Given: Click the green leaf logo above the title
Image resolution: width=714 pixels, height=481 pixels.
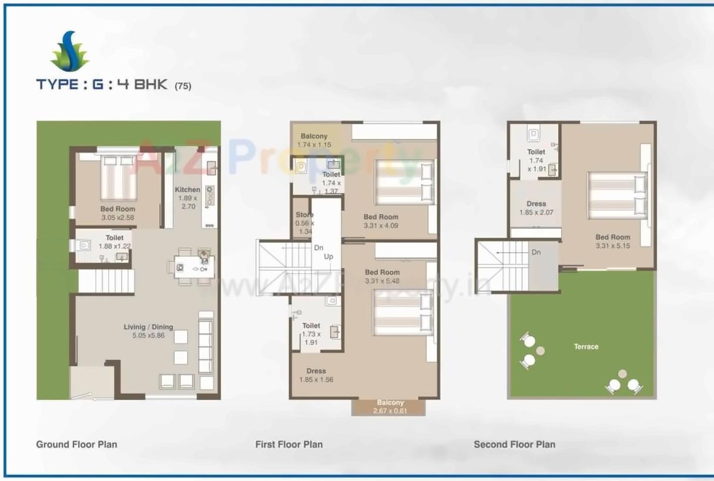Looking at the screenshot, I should [69, 52].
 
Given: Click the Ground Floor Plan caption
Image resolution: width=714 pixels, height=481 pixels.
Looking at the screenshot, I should [76, 445].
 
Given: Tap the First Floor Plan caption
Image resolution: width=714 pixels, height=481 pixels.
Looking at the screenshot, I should [289, 445].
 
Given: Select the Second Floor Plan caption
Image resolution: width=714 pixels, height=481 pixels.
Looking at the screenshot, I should [514, 445].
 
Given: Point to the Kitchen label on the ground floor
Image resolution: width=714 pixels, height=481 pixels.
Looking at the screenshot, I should [187, 190].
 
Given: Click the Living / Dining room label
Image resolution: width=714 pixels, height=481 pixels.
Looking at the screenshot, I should [148, 327].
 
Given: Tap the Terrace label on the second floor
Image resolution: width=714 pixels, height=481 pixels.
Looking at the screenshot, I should [586, 347].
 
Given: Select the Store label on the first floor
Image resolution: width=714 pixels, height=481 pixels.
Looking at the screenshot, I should [304, 215].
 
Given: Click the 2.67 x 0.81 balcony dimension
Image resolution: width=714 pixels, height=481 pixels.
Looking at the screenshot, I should [390, 411].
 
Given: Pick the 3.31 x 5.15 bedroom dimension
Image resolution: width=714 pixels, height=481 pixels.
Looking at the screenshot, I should [612, 246].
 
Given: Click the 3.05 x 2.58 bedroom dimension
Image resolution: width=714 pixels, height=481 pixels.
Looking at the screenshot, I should [118, 218].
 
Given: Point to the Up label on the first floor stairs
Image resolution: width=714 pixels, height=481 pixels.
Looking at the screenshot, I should [328, 257].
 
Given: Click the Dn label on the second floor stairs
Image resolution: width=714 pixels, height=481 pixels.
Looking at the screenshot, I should [536, 252].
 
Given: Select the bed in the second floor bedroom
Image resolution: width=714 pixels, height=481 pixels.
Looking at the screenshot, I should [617, 195].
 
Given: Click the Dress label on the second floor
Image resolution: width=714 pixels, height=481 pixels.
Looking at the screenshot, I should [536, 204].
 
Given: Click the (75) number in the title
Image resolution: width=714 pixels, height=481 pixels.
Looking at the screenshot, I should [183, 86].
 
